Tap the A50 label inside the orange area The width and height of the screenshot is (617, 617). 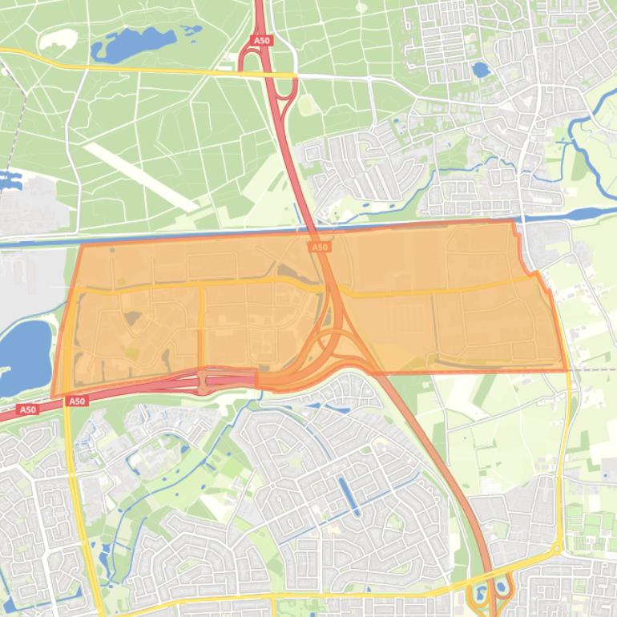pos(320,248)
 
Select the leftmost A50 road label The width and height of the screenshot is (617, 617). pos(27,409)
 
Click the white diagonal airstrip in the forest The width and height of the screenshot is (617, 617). pos(140,177)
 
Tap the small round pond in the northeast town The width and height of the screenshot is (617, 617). pos(481,70)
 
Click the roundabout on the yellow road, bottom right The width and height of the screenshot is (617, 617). pos(556,549)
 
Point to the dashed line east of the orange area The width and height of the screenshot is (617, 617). pos(593,369)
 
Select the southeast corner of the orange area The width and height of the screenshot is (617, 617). pos(567,370)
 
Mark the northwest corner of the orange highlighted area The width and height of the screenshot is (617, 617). pos(82,246)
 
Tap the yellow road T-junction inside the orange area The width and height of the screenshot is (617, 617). pos(202,285)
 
